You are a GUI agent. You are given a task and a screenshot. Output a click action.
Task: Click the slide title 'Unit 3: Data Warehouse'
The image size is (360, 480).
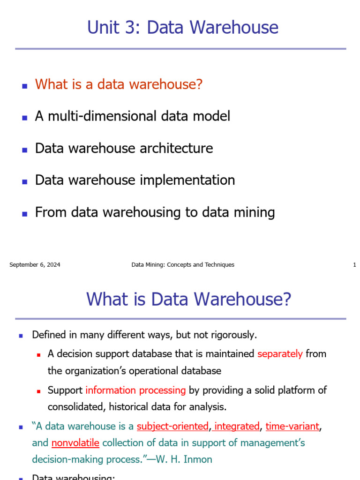click(182, 27)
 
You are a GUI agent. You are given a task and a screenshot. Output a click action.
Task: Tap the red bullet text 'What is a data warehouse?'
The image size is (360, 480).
click(119, 84)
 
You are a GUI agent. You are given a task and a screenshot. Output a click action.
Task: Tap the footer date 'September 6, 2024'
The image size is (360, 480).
click(35, 265)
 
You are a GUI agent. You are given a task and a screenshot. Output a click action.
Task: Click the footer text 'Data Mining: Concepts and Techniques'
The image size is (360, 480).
click(182, 265)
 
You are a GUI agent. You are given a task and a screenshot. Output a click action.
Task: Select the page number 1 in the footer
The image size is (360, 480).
click(354, 265)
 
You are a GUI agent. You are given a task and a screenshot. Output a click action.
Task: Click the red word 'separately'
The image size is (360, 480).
click(280, 354)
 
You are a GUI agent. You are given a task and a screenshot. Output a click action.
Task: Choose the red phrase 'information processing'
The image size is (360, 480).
click(135, 390)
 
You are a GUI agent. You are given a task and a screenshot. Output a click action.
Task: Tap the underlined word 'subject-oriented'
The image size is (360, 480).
click(172, 426)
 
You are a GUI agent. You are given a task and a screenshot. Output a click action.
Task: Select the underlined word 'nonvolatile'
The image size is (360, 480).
click(75, 443)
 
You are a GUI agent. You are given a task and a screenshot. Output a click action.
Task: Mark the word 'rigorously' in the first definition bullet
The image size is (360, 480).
click(232, 335)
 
